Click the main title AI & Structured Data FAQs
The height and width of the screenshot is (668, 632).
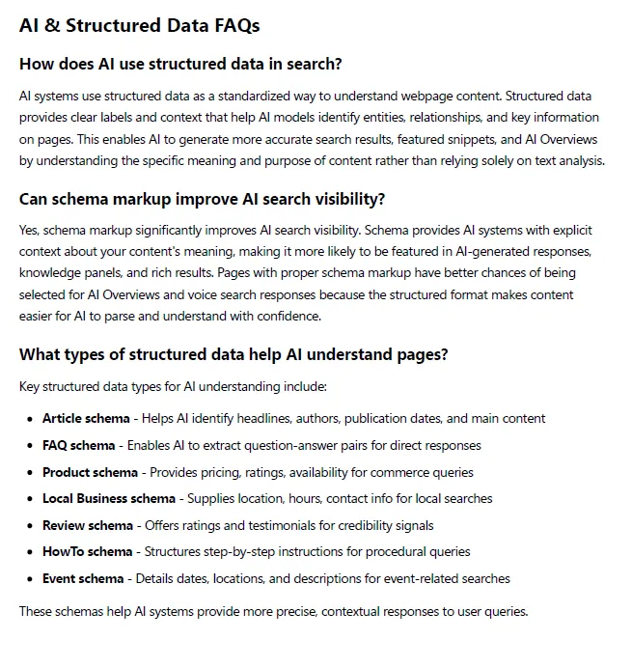[139, 26]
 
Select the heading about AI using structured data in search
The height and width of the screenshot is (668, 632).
[180, 65]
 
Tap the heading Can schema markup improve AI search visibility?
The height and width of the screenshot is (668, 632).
[202, 200]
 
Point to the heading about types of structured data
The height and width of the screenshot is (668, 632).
[234, 354]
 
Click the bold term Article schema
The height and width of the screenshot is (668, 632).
[85, 419]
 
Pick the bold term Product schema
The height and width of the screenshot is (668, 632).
[88, 472]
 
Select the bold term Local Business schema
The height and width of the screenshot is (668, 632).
[108, 499]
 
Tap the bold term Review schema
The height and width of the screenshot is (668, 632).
[87, 525]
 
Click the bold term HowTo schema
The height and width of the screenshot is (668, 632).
[87, 552]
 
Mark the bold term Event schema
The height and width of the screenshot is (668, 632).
[82, 579]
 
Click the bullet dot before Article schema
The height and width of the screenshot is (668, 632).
[30, 419]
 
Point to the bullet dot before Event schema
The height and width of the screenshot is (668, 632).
[30, 579]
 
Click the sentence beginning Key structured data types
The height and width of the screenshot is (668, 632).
[173, 387]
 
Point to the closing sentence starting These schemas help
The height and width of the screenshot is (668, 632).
[273, 611]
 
